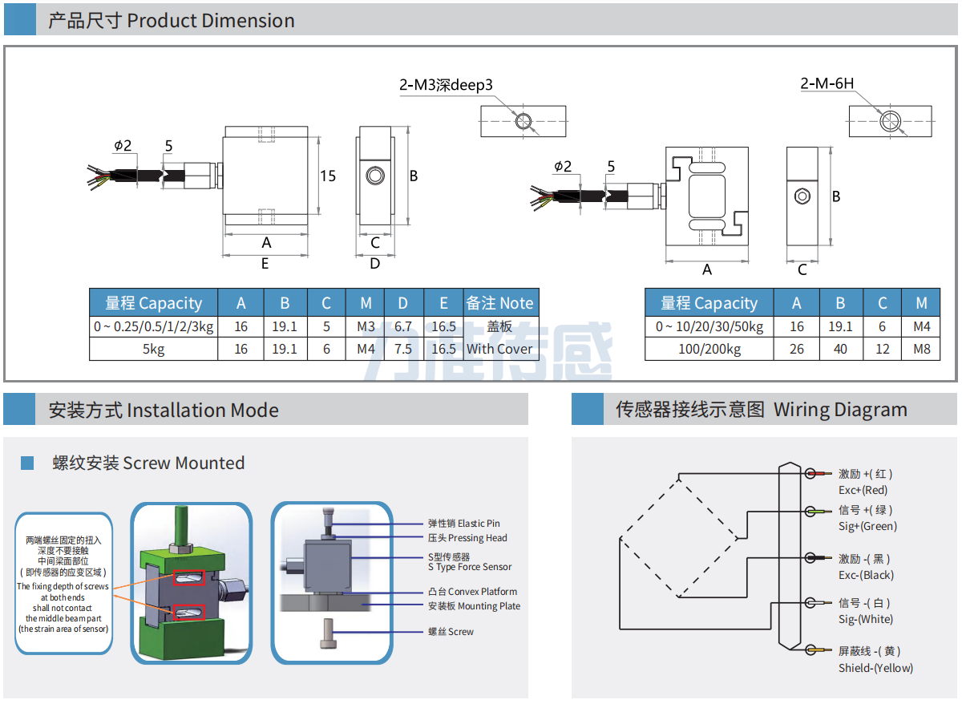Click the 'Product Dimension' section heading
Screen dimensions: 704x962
tap(171, 21)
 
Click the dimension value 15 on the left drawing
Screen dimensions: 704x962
tap(328, 176)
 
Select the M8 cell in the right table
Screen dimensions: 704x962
tap(921, 350)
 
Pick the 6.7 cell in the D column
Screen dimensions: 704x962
tap(403, 326)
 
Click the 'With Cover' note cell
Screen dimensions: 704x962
tap(499, 349)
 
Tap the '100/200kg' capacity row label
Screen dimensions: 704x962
tap(709, 350)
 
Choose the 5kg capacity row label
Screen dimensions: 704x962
tap(153, 349)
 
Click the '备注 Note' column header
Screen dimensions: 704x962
tap(499, 303)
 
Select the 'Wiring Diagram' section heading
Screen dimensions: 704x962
tap(761, 410)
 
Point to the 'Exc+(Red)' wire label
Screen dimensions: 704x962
tap(863, 490)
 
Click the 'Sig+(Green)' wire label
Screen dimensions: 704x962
tap(867, 526)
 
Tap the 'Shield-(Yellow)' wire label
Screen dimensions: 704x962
tap(875, 668)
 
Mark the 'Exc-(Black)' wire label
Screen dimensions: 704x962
tap(866, 575)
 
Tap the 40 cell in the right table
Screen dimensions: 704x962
tap(840, 350)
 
